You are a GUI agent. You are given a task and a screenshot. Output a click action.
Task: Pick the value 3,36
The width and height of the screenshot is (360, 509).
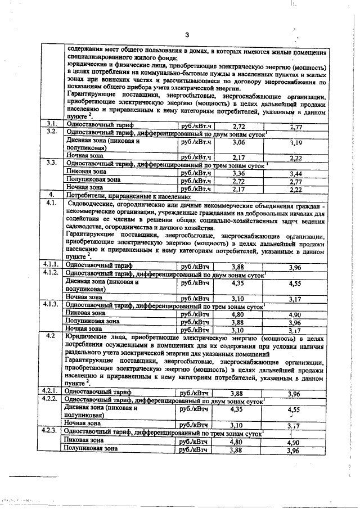(239, 173)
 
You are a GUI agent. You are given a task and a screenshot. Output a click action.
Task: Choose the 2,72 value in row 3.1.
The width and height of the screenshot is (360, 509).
(239, 126)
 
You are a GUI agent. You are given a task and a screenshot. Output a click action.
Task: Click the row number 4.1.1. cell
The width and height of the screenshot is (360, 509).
(52, 263)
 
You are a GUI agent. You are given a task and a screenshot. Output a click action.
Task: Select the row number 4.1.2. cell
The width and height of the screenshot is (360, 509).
(52, 272)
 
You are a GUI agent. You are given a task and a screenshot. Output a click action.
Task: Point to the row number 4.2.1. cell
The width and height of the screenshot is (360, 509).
(52, 389)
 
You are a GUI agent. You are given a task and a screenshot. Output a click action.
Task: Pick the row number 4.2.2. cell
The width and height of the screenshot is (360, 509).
(52, 398)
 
